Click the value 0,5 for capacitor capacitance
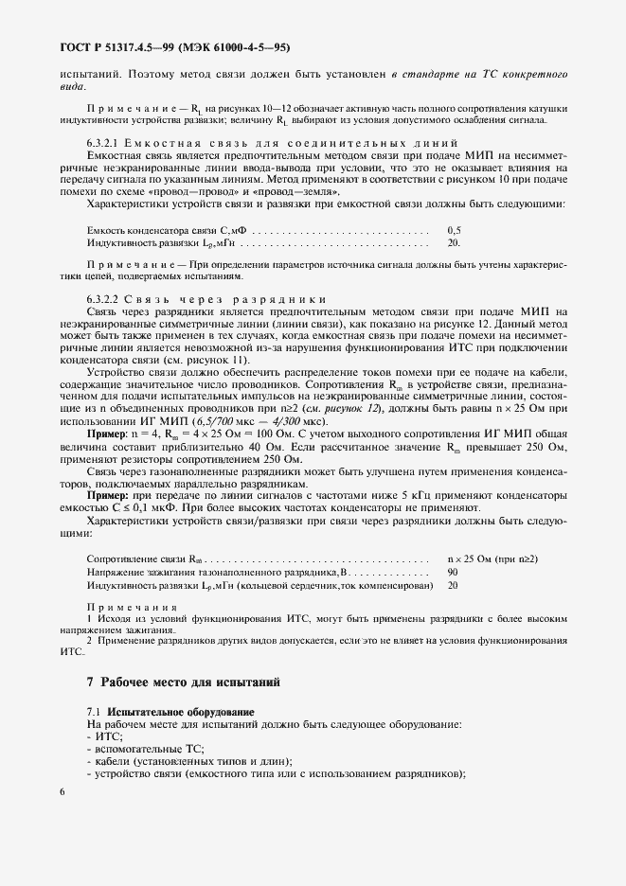pyautogui.click(x=453, y=230)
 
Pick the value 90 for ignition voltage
pyautogui.click(x=452, y=573)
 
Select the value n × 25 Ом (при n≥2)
pyautogui.click(x=492, y=559)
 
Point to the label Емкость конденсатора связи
pyautogui.click(x=152, y=230)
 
